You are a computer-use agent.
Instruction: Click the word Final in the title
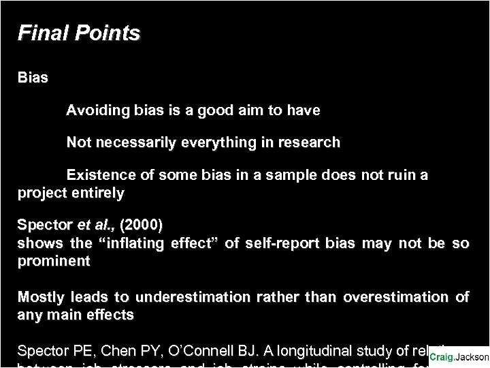(x=39, y=33)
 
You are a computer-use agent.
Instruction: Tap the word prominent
(x=54, y=261)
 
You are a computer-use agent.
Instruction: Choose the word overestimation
(x=395, y=298)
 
